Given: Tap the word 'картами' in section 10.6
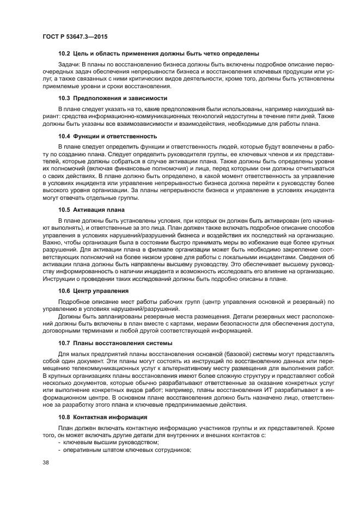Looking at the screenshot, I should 193,323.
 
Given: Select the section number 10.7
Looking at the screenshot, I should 65,343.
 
